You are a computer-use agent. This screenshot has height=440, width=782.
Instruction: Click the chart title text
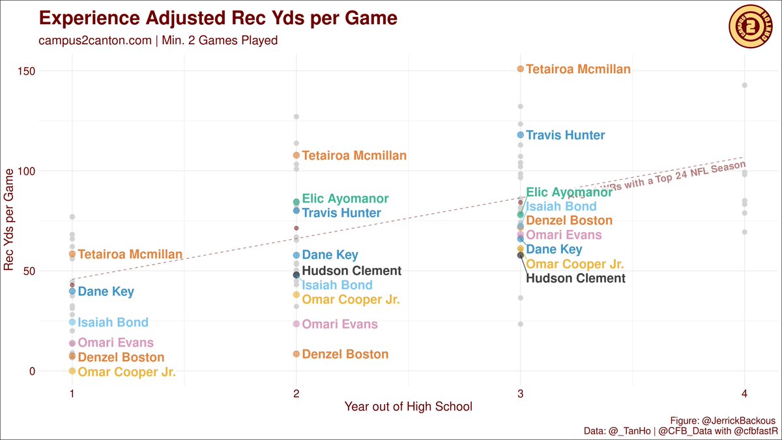pyautogui.click(x=218, y=18)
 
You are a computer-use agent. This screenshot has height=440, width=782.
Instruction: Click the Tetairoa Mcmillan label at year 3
pyautogui.click(x=578, y=69)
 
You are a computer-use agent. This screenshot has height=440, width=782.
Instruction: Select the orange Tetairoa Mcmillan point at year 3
pyautogui.click(x=520, y=68)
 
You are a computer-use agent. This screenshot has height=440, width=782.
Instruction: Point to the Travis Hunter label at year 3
pyautogui.click(x=565, y=136)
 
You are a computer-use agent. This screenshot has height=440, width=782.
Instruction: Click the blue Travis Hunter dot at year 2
pyautogui.click(x=297, y=211)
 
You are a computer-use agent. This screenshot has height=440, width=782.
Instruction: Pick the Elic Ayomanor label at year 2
pyautogui.click(x=345, y=199)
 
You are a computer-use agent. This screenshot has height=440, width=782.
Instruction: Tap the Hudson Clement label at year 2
pyautogui.click(x=352, y=271)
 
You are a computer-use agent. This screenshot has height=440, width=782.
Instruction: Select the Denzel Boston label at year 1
pyautogui.click(x=121, y=357)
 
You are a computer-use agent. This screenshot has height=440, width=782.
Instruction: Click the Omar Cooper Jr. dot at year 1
pyautogui.click(x=72, y=371)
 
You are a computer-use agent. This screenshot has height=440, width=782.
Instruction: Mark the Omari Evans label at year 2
pyautogui.click(x=340, y=325)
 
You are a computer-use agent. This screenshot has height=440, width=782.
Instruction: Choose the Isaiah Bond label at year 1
pyautogui.click(x=113, y=323)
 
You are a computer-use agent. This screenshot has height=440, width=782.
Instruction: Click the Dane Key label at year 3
pyautogui.click(x=554, y=250)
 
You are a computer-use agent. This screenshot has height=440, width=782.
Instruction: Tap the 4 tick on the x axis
pyautogui.click(x=744, y=394)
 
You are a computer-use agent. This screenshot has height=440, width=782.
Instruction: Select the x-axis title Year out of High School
pyautogui.click(x=408, y=407)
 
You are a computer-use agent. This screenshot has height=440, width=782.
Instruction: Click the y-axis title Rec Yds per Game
pyautogui.click(x=9, y=218)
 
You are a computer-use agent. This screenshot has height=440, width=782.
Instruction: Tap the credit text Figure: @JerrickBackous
pyautogui.click(x=723, y=420)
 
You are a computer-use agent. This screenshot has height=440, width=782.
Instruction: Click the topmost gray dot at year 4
pyautogui.click(x=744, y=85)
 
